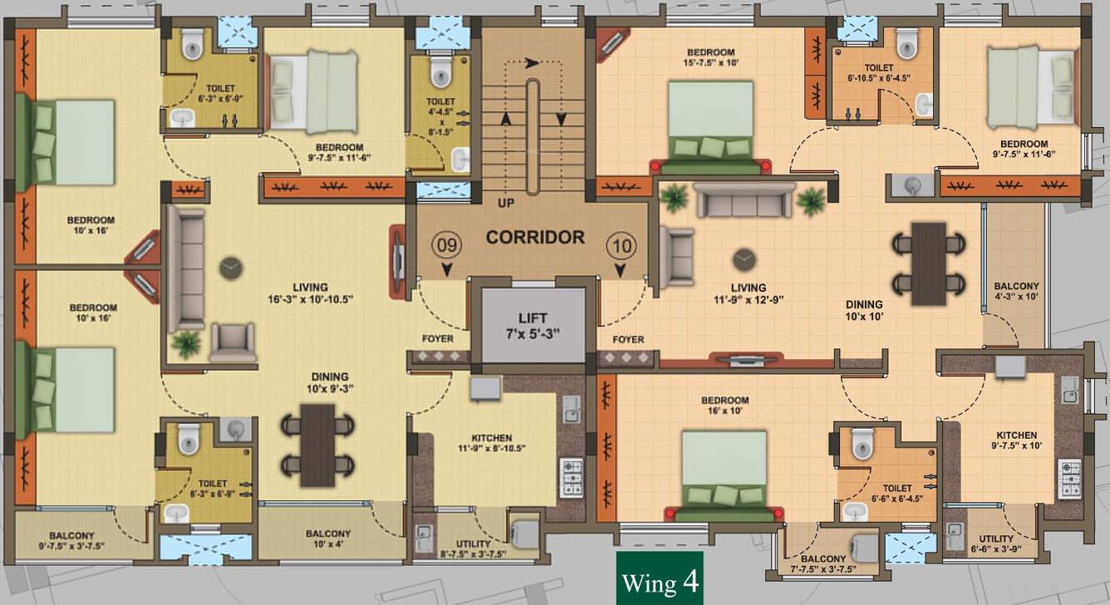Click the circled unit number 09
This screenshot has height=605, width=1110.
pyautogui.click(x=447, y=246)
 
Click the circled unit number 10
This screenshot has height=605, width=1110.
pyautogui.click(x=620, y=246)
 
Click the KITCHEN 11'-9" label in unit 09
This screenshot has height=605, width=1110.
pyautogui.click(x=492, y=442)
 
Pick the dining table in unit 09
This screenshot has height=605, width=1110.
pyautogui.click(x=317, y=445)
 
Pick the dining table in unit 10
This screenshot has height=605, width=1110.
pyautogui.click(x=928, y=263)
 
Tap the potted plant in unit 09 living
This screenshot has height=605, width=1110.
pyautogui.click(x=187, y=342)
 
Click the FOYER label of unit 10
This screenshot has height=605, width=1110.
pyautogui.click(x=627, y=339)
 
